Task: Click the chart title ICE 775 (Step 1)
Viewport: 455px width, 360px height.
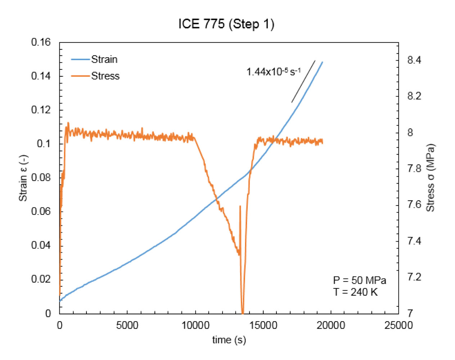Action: tap(226, 24)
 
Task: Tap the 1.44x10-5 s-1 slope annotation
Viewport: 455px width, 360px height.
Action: tap(273, 72)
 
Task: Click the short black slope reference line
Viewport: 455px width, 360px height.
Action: tap(303, 81)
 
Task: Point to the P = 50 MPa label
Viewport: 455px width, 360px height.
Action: tap(359, 280)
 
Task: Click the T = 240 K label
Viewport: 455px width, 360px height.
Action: tap(355, 292)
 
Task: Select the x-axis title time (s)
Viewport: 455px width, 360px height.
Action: tap(229, 340)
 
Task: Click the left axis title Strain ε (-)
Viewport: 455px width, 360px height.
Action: tap(23, 178)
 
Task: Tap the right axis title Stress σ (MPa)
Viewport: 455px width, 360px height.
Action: tap(431, 178)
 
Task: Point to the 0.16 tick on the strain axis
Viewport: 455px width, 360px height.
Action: tap(41, 42)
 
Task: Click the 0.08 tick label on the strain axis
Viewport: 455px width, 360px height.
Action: tap(41, 177)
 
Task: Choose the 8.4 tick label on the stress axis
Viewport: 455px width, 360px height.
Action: tap(414, 60)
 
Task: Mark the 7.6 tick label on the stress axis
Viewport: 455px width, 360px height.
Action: tap(414, 205)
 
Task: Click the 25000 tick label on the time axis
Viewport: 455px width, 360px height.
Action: tap(398, 325)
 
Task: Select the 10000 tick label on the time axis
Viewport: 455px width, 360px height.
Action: tap(195, 325)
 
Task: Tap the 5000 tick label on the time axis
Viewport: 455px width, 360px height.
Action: tap(127, 325)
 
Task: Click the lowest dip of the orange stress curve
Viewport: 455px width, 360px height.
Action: tap(243, 312)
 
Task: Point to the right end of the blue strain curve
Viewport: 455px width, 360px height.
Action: tap(322, 62)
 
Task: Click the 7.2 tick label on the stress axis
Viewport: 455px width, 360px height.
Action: tap(414, 277)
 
